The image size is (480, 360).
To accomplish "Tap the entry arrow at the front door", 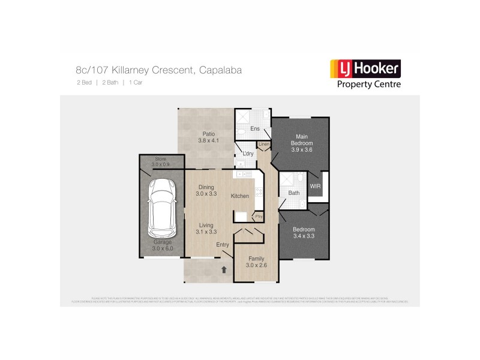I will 224,270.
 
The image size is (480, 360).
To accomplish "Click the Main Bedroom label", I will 301,140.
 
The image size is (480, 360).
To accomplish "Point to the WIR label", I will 316,187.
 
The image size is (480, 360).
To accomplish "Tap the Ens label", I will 254,130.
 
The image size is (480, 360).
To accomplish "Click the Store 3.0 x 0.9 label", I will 161,164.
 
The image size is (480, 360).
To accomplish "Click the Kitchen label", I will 240,196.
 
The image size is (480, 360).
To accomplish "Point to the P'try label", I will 259,216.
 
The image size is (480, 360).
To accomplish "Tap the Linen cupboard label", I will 263,145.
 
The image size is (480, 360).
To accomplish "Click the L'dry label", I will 248,154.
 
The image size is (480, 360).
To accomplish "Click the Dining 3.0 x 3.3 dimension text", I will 206,194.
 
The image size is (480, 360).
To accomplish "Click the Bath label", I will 294,193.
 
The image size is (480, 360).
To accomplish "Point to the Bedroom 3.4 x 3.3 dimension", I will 303,236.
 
